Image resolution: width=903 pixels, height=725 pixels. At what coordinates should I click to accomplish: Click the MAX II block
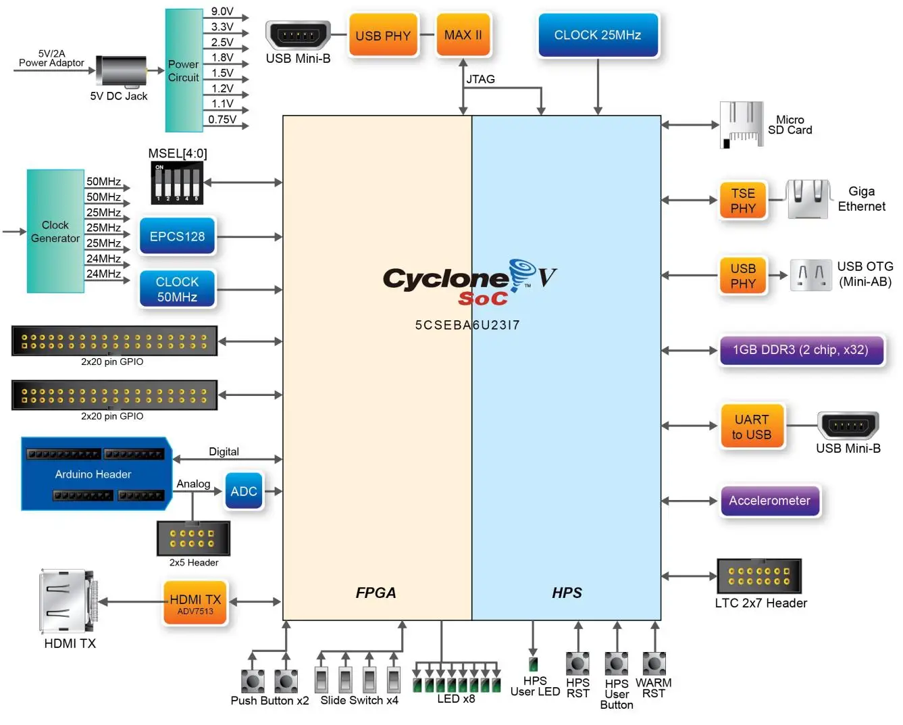coord(463,35)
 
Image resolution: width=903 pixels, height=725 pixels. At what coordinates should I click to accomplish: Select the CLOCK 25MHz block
coord(598,35)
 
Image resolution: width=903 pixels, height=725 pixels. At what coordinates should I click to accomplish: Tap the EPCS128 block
coord(177,236)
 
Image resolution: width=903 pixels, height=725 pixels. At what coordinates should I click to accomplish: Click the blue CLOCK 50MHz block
coord(177,289)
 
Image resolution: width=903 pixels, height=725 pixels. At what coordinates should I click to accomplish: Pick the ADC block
coord(244,491)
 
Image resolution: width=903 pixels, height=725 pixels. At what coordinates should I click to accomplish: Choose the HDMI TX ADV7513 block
coord(195,603)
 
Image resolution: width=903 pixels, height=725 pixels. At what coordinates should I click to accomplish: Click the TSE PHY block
coord(743,201)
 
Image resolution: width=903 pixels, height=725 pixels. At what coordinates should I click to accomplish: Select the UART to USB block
coord(752,426)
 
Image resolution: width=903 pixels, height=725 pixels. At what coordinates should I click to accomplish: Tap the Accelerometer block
coord(769,501)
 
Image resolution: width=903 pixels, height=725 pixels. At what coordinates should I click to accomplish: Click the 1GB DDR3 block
coord(801,350)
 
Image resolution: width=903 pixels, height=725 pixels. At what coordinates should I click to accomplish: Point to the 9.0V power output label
coord(222,11)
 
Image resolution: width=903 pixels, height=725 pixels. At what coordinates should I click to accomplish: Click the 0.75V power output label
coord(222,120)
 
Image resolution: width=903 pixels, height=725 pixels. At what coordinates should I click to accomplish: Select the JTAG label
coord(480,79)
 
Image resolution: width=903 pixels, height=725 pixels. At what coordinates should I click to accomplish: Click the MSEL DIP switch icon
coord(177,182)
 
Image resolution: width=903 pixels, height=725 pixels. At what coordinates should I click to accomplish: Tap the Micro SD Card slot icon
coord(742,124)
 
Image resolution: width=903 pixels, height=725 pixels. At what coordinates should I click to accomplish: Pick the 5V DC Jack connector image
coord(122,71)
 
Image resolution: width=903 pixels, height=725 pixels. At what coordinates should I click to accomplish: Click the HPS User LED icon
coord(533,664)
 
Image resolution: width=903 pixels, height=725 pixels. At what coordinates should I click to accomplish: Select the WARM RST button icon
coord(654,664)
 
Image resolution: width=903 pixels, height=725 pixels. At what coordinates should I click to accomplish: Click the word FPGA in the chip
coord(376,593)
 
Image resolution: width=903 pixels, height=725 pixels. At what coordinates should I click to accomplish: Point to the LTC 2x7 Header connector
coord(758,576)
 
